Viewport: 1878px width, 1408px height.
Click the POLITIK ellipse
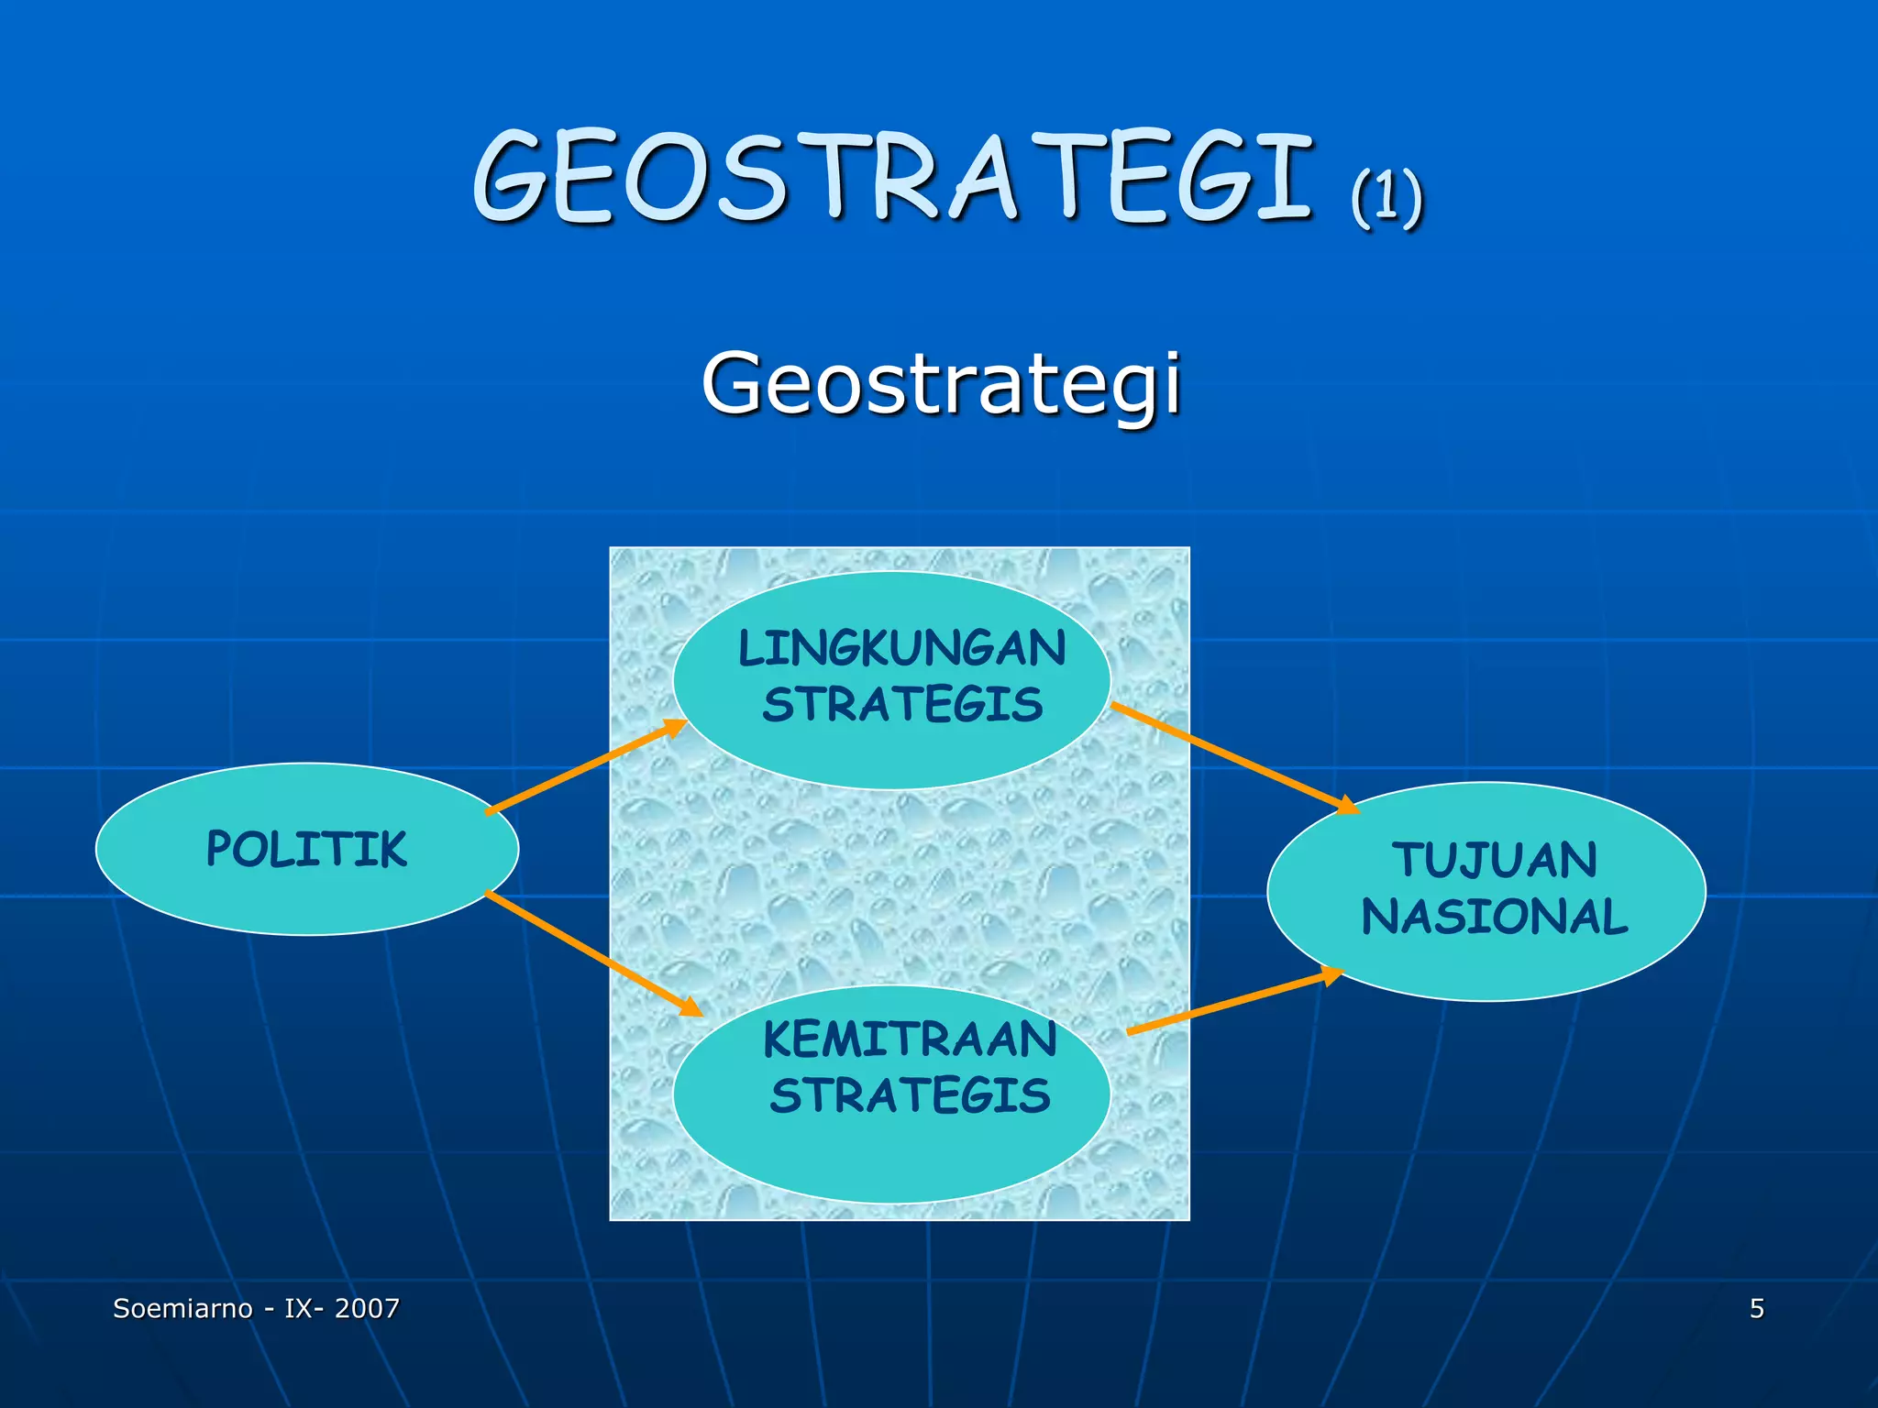point(307,849)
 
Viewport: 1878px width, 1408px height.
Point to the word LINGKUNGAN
point(902,649)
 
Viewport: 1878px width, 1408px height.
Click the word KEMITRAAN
point(910,1040)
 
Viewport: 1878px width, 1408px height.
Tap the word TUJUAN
point(1495,861)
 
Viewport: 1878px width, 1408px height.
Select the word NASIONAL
point(1495,917)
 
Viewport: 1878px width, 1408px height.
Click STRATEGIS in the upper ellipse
point(902,705)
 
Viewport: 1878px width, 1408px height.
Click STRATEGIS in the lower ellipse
point(910,1096)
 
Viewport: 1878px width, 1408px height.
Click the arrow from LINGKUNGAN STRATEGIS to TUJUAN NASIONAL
point(1234,758)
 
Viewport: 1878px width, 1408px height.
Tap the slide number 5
point(1757,1308)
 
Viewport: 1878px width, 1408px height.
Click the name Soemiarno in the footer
point(182,1308)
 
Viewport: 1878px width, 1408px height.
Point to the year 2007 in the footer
point(367,1308)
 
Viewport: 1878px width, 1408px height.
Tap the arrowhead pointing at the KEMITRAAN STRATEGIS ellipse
point(690,1006)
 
